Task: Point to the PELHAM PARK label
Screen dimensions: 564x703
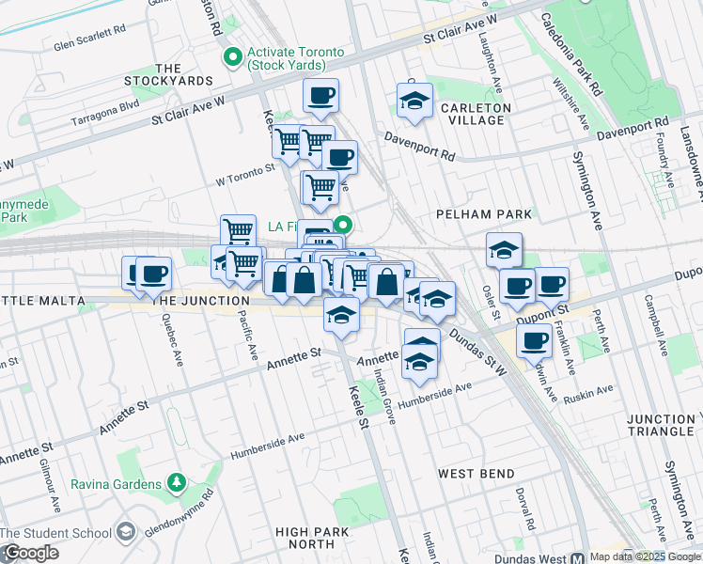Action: [484, 214]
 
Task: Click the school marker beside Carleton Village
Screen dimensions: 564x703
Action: [414, 102]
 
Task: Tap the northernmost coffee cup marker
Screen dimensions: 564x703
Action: [320, 96]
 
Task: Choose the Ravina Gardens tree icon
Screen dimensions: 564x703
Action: [175, 483]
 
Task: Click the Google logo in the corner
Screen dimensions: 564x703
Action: [30, 553]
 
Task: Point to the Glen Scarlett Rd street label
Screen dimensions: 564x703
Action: [90, 44]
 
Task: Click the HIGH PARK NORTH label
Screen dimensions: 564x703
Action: [305, 538]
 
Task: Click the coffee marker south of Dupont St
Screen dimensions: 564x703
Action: [534, 342]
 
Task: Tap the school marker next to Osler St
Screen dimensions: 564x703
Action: [505, 250]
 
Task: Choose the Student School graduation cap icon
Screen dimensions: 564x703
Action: [124, 534]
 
